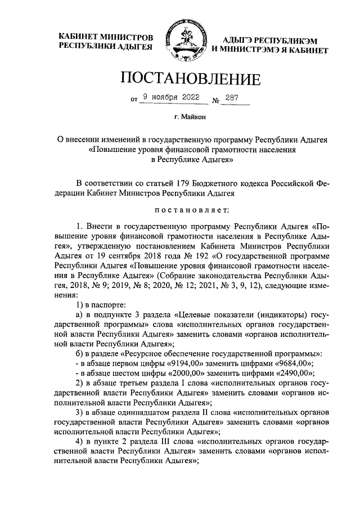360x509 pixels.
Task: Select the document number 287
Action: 232,98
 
